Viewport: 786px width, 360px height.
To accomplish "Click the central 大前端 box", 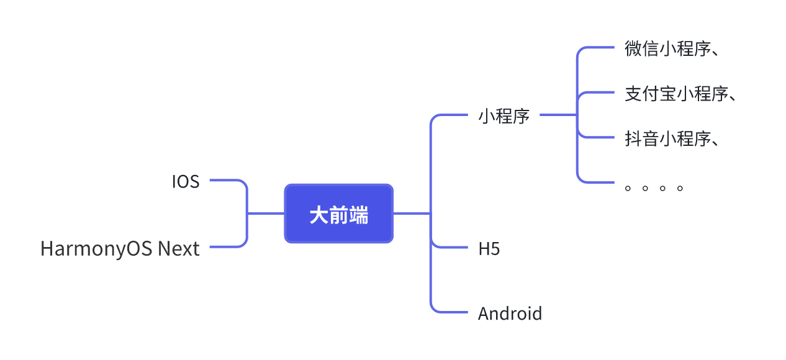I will pos(338,214).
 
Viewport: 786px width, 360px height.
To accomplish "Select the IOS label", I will pos(186,181).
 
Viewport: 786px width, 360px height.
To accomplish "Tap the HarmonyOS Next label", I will pos(120,249).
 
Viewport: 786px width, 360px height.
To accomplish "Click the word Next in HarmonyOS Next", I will pos(179,249).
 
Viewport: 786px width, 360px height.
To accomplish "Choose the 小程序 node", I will pos(504,116).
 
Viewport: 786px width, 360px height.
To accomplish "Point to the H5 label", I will pos(489,249).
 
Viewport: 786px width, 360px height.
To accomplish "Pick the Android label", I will pos(510,313).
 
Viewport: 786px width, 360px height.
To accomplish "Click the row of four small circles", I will pos(654,187).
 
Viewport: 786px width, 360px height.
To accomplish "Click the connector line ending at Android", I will pos(450,311).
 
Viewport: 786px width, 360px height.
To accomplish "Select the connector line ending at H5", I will pos(450,247).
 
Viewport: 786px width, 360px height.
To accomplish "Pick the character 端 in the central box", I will pos(358,215).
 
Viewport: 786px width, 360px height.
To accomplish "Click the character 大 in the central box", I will pos(318,215).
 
